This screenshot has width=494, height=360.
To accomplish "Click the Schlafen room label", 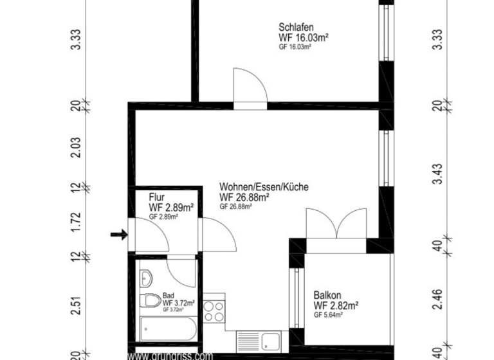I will click(x=296, y=28).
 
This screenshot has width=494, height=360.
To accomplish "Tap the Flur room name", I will click(x=158, y=197).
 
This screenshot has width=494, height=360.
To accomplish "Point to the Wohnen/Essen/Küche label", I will click(x=264, y=187).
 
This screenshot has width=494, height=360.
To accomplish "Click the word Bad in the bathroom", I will click(x=168, y=295).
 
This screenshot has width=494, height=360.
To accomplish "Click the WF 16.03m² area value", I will click(x=304, y=38).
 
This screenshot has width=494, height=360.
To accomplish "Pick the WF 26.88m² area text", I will click(x=244, y=197).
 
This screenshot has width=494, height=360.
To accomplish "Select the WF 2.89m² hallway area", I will click(x=171, y=208).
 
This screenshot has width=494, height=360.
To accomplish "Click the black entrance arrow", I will click(x=119, y=235).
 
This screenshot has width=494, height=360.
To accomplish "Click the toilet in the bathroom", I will click(x=151, y=300).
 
